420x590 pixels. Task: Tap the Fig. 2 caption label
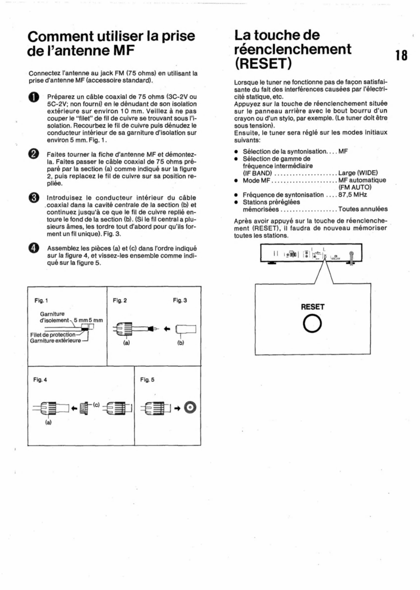[x=120, y=300]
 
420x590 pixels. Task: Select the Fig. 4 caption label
[x=40, y=380]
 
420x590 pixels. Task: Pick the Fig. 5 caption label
[x=147, y=380]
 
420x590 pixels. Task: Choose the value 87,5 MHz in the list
[x=352, y=195]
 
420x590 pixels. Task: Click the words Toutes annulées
[x=363, y=209]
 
